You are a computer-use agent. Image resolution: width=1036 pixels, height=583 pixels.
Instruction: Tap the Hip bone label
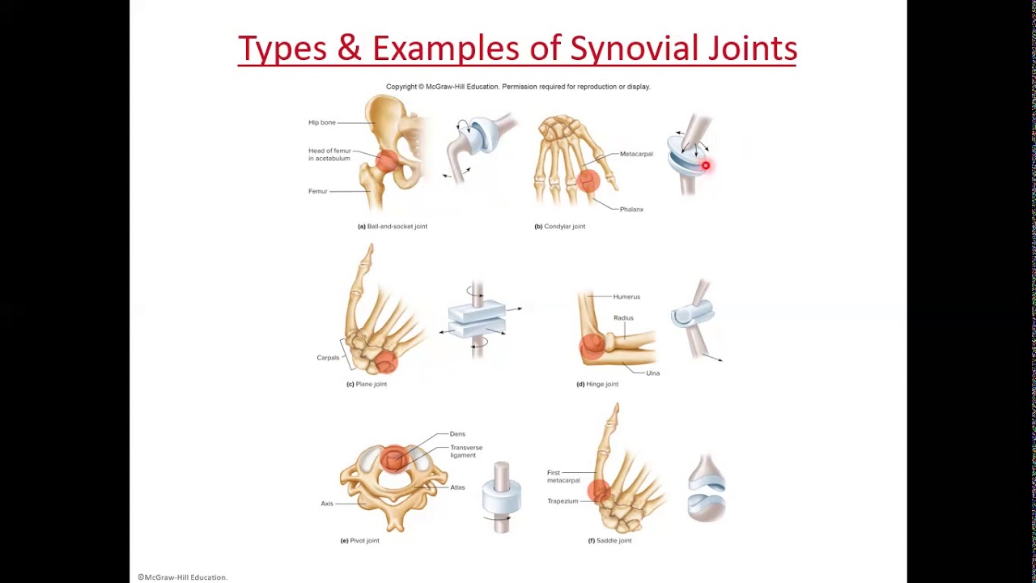point(321,122)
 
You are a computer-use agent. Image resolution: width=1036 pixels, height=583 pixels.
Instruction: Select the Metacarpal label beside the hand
point(636,154)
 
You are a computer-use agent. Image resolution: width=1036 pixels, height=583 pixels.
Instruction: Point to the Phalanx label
point(631,209)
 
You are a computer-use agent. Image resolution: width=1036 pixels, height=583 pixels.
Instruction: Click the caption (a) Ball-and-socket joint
point(393,227)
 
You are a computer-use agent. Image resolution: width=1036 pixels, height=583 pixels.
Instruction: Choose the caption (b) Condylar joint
point(559,227)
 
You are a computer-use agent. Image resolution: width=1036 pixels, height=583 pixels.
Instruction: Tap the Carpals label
point(328,358)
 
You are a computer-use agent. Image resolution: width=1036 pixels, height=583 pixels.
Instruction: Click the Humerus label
point(626,297)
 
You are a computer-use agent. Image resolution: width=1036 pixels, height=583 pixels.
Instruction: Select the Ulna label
point(652,373)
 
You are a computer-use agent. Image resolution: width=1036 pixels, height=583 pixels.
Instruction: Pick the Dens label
point(457,434)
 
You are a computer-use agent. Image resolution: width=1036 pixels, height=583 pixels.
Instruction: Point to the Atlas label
point(457,487)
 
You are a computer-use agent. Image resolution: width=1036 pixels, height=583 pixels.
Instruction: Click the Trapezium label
point(563,501)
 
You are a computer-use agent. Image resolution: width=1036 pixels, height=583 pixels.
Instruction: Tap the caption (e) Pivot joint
point(360,541)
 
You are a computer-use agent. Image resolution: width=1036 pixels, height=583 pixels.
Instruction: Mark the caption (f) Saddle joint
point(609,541)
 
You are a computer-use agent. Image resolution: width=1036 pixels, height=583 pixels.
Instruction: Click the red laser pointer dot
point(706,166)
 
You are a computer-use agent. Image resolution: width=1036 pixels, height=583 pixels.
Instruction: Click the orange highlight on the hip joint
point(387,160)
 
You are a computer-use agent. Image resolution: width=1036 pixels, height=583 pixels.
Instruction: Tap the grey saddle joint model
point(707,487)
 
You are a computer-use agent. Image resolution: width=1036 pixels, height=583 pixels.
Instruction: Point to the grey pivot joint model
point(502,497)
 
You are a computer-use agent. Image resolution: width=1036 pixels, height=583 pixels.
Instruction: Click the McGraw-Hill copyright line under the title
point(518,87)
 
